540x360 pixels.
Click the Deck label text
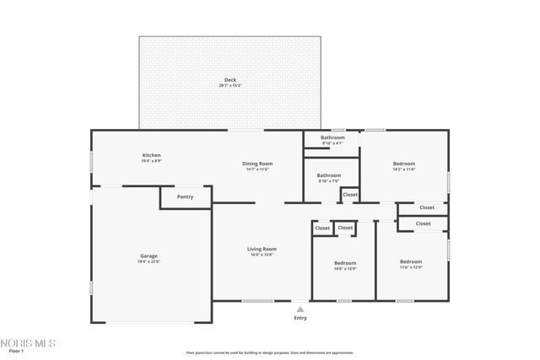(x=229, y=79)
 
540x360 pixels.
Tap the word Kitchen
(x=151, y=155)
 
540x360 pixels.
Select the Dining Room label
(x=257, y=164)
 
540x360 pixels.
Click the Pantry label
(x=185, y=197)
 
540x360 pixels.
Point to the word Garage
(x=148, y=255)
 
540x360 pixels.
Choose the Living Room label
(x=262, y=249)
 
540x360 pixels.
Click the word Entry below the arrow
(x=300, y=318)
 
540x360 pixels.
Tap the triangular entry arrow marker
(x=300, y=309)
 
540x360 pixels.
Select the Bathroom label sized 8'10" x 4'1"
(x=332, y=137)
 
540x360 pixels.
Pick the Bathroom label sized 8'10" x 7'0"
(x=329, y=175)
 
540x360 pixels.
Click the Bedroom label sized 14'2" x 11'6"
(x=403, y=164)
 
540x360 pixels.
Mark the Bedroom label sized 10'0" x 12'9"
(x=346, y=262)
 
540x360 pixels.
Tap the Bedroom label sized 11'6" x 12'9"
(x=411, y=262)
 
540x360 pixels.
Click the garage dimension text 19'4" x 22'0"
(x=148, y=261)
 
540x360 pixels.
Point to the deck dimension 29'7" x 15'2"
(x=229, y=85)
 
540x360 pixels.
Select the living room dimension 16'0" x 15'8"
(x=262, y=255)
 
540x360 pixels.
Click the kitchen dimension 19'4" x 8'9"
(x=151, y=161)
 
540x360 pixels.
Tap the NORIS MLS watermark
(x=28, y=343)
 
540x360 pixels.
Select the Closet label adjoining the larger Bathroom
(x=349, y=195)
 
